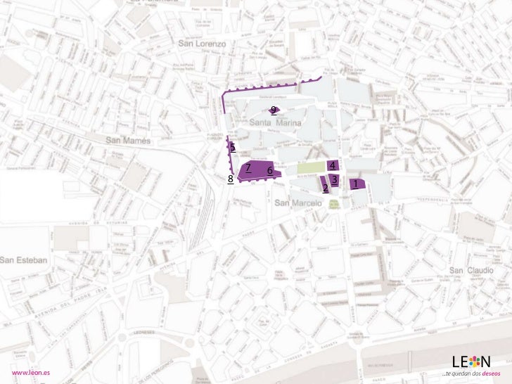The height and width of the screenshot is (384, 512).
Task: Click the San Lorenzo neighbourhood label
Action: pyautogui.click(x=202, y=44)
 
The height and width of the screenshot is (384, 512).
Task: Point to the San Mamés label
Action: pyautogui.click(x=128, y=141)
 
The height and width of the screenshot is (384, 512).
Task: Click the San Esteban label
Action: pyautogui.click(x=24, y=260)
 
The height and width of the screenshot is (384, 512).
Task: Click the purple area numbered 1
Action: pyautogui.click(x=357, y=184)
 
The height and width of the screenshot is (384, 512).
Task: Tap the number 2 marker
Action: pyautogui.click(x=325, y=188)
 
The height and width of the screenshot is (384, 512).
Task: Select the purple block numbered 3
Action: pyautogui.click(x=335, y=179)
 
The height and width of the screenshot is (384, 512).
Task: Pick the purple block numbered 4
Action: pyautogui.click(x=332, y=165)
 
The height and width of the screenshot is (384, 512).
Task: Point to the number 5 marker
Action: pyautogui.click(x=232, y=147)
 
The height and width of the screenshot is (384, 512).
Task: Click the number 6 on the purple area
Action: pyautogui.click(x=269, y=170)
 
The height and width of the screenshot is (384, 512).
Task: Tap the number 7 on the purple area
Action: pyautogui.click(x=248, y=167)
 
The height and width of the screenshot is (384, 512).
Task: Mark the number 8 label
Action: pyautogui.click(x=231, y=179)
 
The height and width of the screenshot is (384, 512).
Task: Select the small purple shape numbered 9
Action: pyautogui.click(x=274, y=110)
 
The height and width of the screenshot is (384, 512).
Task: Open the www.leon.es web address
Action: pyautogui.click(x=30, y=372)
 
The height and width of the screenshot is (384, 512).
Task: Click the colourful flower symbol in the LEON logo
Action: pyautogui.click(x=475, y=361)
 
